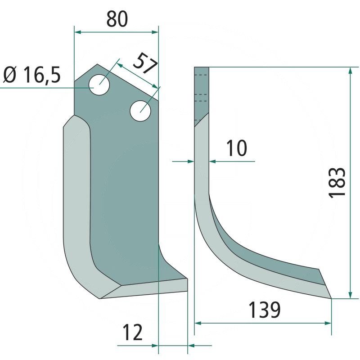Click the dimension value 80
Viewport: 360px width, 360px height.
[117, 19]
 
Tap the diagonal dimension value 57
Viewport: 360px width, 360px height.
[145, 63]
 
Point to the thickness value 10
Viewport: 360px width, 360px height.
[237, 148]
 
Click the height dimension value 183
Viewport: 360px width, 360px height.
[337, 182]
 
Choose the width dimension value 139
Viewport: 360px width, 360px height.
[264, 310]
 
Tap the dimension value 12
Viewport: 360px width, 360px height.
[133, 333]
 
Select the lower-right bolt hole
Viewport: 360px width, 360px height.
[140, 111]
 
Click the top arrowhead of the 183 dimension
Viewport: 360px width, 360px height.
[350, 70]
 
